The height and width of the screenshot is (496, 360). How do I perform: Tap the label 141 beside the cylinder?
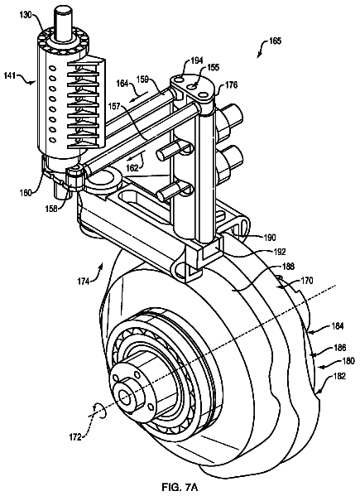click(x=10, y=76)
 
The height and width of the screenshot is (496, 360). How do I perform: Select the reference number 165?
click(x=275, y=41)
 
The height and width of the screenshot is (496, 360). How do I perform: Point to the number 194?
click(x=197, y=60)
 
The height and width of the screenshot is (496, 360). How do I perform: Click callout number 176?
click(x=231, y=84)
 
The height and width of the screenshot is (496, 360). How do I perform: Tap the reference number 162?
click(x=132, y=167)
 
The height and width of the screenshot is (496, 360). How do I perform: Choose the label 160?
click(x=26, y=193)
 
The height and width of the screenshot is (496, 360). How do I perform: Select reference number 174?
click(x=84, y=281)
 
